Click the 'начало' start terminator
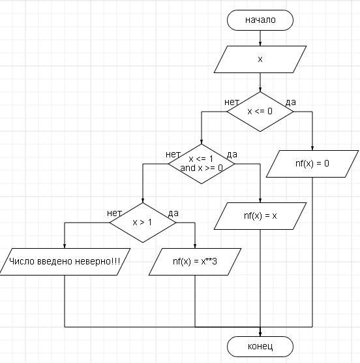click(x=260, y=20)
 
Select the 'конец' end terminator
click(x=260, y=347)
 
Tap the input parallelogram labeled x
click(x=260, y=59)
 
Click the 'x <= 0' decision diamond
click(x=260, y=112)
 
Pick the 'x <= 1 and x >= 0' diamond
click(x=202, y=164)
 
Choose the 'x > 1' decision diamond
click(x=143, y=223)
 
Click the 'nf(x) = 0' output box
click(x=312, y=164)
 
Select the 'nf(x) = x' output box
click(x=260, y=216)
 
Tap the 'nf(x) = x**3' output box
click(x=195, y=262)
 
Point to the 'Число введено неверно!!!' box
click(x=65, y=262)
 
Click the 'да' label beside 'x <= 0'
click(x=291, y=102)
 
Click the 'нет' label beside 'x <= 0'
click(x=232, y=102)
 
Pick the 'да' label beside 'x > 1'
click(x=173, y=213)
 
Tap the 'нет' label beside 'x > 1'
click(x=114, y=213)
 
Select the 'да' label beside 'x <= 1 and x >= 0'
click(x=232, y=155)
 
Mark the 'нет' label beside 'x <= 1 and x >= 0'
click(x=173, y=155)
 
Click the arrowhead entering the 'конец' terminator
click(x=260, y=334)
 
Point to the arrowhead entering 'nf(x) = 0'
click(x=312, y=148)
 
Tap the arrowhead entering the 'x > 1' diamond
click(x=143, y=200)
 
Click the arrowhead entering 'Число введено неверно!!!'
click(x=65, y=246)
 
